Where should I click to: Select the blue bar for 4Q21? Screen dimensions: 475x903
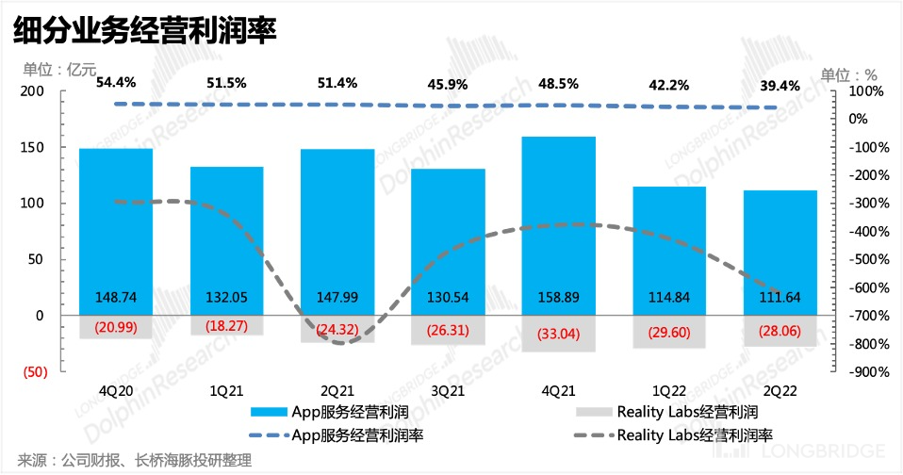(x=559, y=217)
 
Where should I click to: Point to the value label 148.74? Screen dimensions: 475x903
(x=116, y=297)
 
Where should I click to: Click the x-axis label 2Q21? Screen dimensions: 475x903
(x=337, y=389)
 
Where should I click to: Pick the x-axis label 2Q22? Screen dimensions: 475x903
(x=780, y=389)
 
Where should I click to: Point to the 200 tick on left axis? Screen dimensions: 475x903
(x=33, y=90)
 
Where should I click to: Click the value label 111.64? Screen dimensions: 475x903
(x=780, y=297)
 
